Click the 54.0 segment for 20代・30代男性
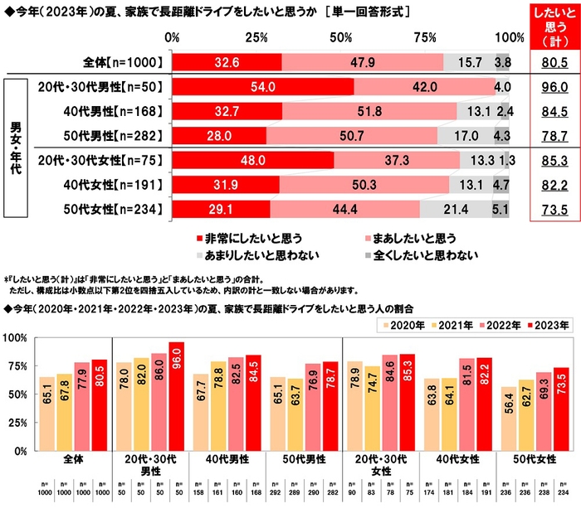[263, 87]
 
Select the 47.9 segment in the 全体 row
[363, 61]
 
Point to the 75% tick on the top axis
[425, 38]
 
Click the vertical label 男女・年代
[16, 148]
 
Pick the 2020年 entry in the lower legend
[403, 323]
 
